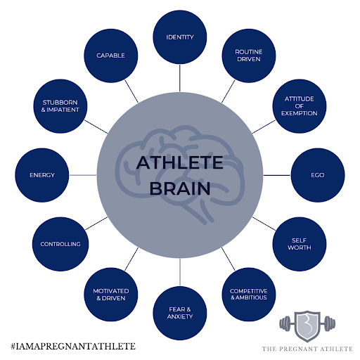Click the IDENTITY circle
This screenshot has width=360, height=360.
coord(180,37)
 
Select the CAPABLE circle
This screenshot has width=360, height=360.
coord(111,56)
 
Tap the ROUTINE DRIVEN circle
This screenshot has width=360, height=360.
coord(249,56)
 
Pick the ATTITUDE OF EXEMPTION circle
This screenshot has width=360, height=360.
coord(300,106)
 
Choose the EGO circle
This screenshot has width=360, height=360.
coord(318,175)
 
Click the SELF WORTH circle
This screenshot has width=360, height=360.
coord(300,244)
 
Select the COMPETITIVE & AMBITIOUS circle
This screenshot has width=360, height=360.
coord(249,295)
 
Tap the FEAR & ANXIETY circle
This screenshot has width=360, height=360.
coord(180,313)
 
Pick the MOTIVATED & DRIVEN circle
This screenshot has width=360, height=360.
coord(111,295)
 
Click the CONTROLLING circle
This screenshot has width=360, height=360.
coord(60,244)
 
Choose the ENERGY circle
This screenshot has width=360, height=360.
coord(42,175)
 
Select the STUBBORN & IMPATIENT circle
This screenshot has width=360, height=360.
coord(60,106)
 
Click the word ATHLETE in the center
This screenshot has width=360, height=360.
coord(180,162)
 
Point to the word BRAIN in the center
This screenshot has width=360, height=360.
coord(180,188)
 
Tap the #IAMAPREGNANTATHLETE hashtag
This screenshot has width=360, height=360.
coord(73,346)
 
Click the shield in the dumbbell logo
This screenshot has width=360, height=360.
coord(307,326)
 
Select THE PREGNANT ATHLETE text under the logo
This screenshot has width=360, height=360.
coord(307,349)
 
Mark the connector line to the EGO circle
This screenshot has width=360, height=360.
coord(277,175)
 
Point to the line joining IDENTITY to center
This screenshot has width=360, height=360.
coord(180,78)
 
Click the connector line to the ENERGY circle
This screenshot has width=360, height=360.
coord(83,175)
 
